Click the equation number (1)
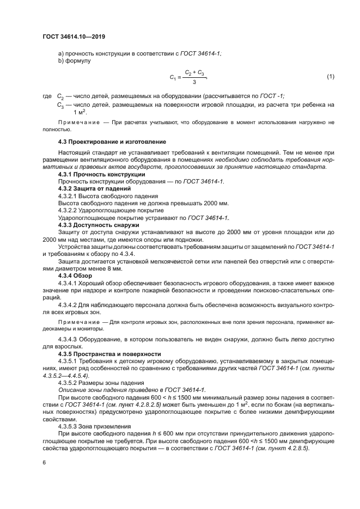tap(330, 77)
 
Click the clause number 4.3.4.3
tap(69, 340)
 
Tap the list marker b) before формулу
tap(62, 60)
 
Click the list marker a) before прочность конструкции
tap(62, 53)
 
